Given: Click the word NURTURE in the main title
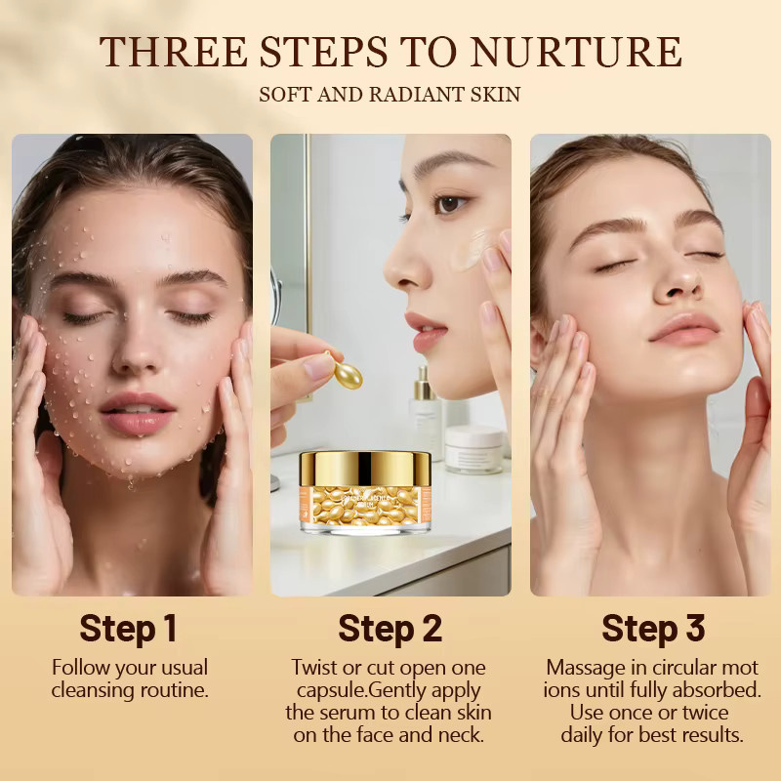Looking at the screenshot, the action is [576, 52].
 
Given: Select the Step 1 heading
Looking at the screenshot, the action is [128, 628].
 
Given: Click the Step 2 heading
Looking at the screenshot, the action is [390, 628].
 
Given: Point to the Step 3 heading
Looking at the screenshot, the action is [653, 628].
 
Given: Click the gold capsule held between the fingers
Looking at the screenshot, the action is [345, 370].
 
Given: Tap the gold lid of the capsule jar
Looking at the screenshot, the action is [365, 469].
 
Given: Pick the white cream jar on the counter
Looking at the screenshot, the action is [474, 449].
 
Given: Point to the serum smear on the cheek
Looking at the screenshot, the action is [471, 249].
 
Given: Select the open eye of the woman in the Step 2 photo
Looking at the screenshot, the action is [449, 203].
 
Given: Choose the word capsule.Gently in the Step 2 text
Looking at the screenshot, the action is [389, 691].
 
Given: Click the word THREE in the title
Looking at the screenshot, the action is [174, 52].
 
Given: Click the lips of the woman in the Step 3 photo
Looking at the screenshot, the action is [684, 329].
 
